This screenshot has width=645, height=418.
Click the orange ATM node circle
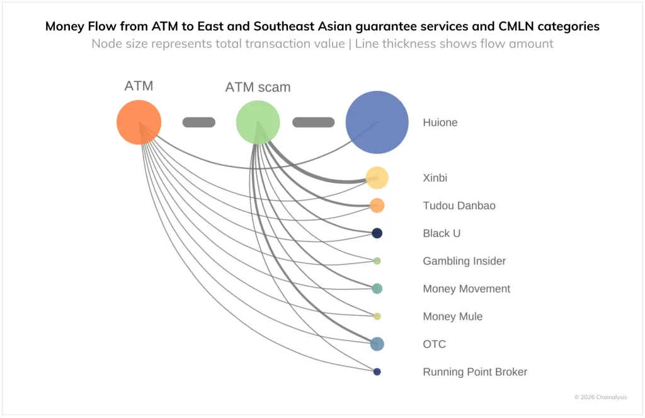(139, 122)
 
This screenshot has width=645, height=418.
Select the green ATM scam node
(258, 122)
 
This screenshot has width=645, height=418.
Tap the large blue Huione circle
(377, 122)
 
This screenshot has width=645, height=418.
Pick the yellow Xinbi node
(377, 178)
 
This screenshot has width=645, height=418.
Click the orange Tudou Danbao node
(377, 206)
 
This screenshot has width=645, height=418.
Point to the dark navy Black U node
(377, 233)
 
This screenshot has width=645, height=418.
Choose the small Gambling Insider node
(377, 261)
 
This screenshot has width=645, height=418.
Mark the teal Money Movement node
(377, 289)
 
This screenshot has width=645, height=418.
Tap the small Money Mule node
(377, 316)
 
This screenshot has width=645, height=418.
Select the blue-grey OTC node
(377, 344)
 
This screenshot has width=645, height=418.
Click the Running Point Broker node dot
(377, 372)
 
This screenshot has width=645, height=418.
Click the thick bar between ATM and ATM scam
(199, 122)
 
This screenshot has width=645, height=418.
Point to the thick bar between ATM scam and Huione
(313, 122)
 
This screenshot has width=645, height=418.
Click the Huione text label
(440, 122)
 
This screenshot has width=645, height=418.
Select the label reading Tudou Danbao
(459, 206)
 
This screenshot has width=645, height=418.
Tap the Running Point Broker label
(475, 372)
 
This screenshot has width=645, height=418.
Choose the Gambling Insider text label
(464, 261)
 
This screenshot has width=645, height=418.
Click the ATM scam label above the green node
(258, 88)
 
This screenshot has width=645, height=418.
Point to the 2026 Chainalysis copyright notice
(600, 397)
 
